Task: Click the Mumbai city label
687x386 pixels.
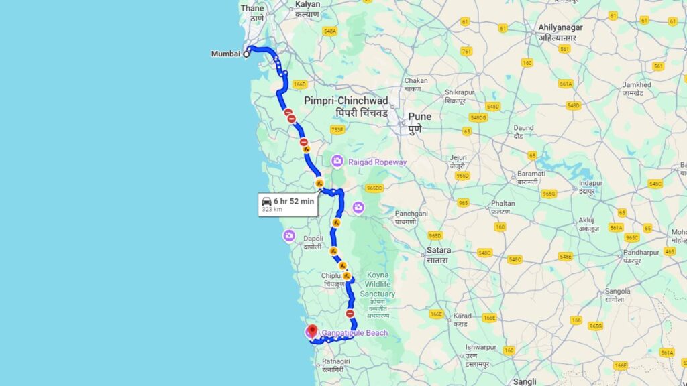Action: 225,54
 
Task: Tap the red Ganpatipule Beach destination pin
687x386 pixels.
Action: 313,330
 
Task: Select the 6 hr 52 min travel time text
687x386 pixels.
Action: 294,201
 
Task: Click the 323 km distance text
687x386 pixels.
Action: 271,210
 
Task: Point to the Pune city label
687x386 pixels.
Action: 420,117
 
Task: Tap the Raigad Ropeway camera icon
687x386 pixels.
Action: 337,162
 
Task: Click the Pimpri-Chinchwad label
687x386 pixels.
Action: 346,101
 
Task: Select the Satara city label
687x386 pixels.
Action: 439,250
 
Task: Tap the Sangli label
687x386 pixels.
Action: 525,381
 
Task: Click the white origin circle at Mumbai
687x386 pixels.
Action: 246,54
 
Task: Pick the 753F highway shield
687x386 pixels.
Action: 337,129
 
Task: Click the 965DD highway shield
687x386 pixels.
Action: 374,188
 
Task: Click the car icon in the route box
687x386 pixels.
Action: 267,201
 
